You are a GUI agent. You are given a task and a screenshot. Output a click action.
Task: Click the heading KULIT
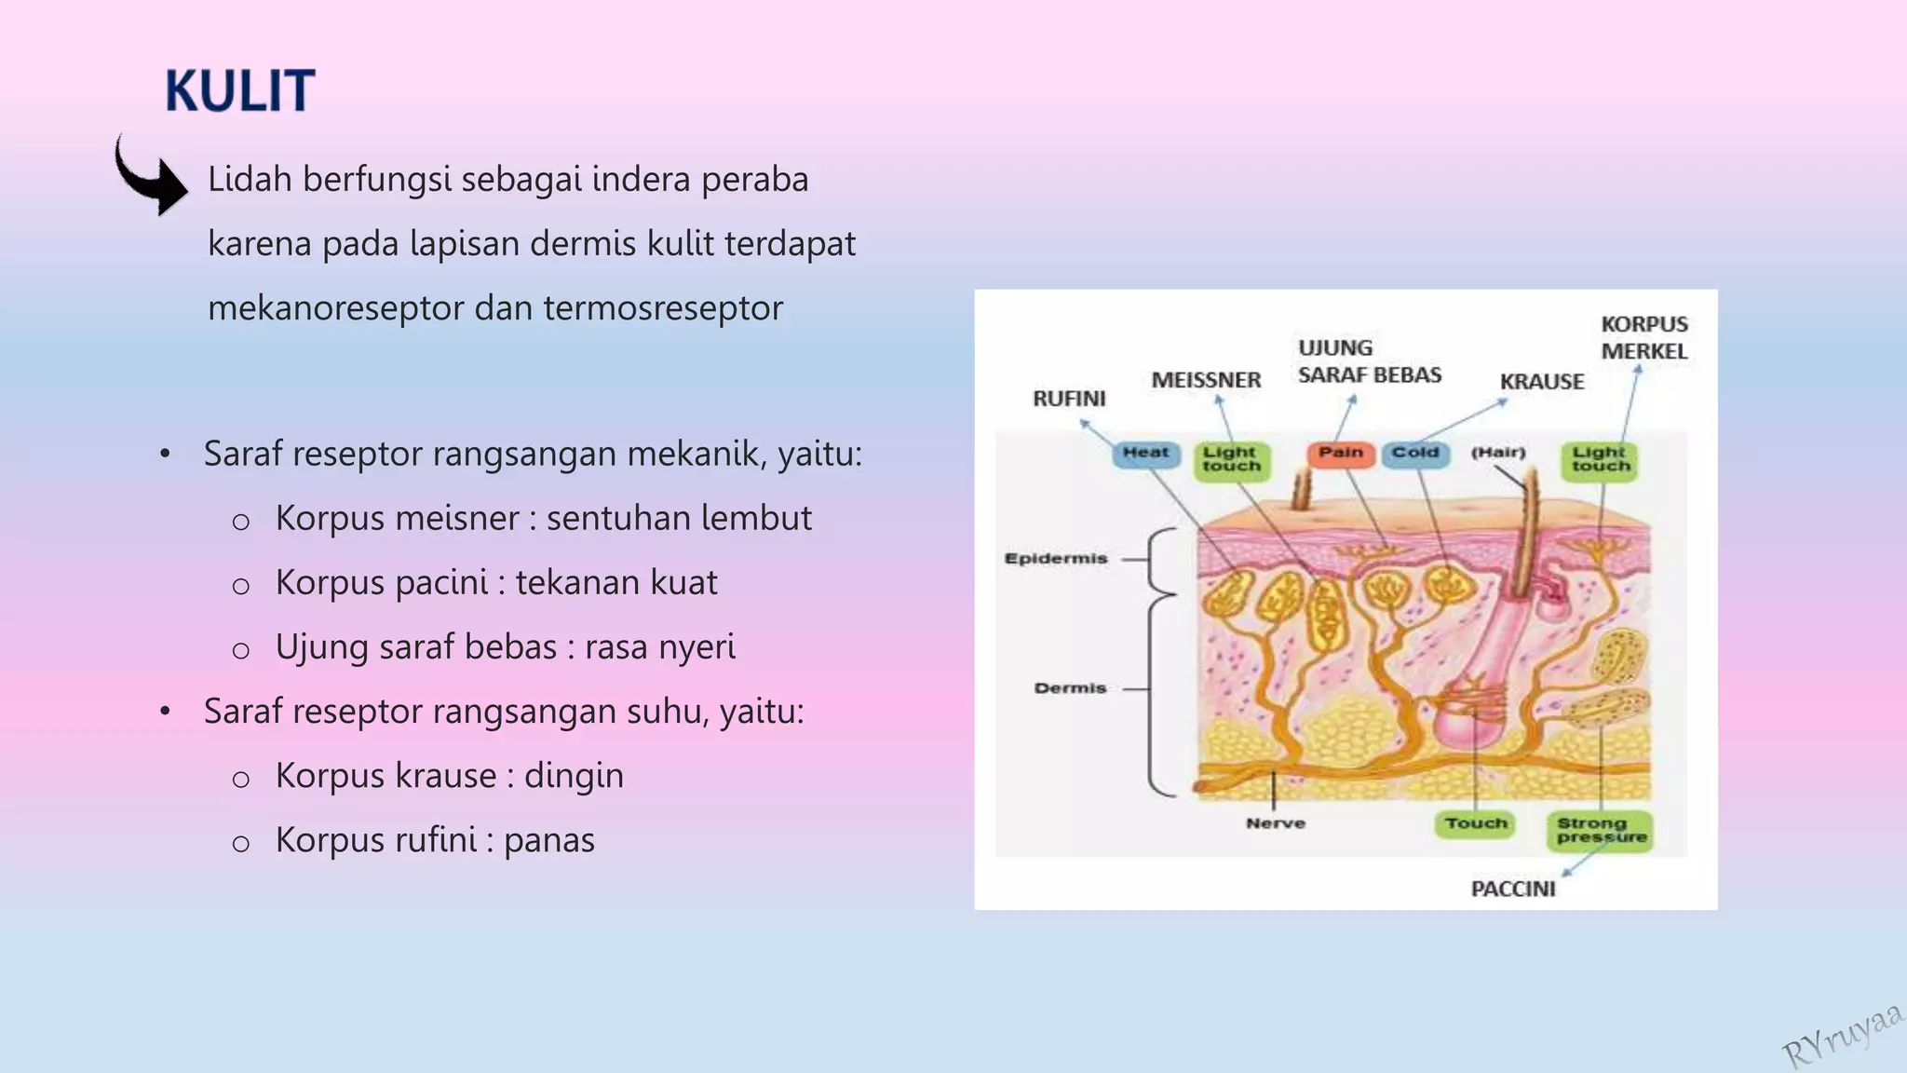[240, 91]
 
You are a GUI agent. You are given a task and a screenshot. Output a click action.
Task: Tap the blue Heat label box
[1145, 454]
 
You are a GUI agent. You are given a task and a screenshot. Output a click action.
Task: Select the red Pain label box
[1340, 454]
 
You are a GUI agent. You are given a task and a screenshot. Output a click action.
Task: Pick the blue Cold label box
[1415, 454]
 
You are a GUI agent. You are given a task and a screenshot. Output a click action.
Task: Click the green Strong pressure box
[1600, 830]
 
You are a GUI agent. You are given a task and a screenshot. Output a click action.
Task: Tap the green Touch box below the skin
[1476, 823]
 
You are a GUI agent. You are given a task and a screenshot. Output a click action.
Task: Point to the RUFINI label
[1069, 399]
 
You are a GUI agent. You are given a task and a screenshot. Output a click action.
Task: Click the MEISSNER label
[1206, 380]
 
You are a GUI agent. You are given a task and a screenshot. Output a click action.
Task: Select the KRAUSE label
[1541, 382]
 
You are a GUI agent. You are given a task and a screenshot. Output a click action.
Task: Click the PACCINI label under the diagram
[1512, 890]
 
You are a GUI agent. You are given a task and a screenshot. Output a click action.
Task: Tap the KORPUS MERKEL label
[1643, 338]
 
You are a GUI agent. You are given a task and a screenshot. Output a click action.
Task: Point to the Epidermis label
[1055, 559]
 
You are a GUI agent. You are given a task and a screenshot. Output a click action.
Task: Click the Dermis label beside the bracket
[1070, 688]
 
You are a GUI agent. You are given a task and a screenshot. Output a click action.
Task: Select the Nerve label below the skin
[1275, 823]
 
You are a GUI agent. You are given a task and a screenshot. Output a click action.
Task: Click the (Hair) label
[1497, 453]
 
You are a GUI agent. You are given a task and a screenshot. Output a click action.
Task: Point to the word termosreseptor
[663, 308]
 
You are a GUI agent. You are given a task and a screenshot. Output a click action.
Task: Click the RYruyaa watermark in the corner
[1842, 1036]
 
